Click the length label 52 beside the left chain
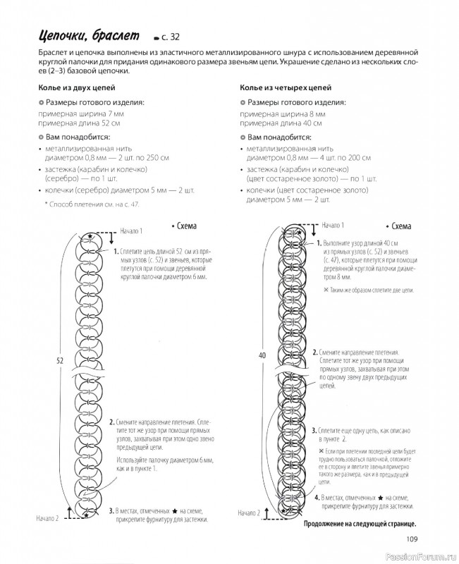61,360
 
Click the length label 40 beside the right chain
262,355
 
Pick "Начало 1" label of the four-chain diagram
332,226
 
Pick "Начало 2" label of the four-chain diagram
251,513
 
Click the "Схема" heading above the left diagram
183,226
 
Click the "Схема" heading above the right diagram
398,226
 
